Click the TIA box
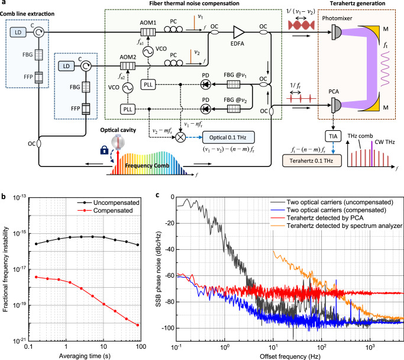click(x=331, y=136)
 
